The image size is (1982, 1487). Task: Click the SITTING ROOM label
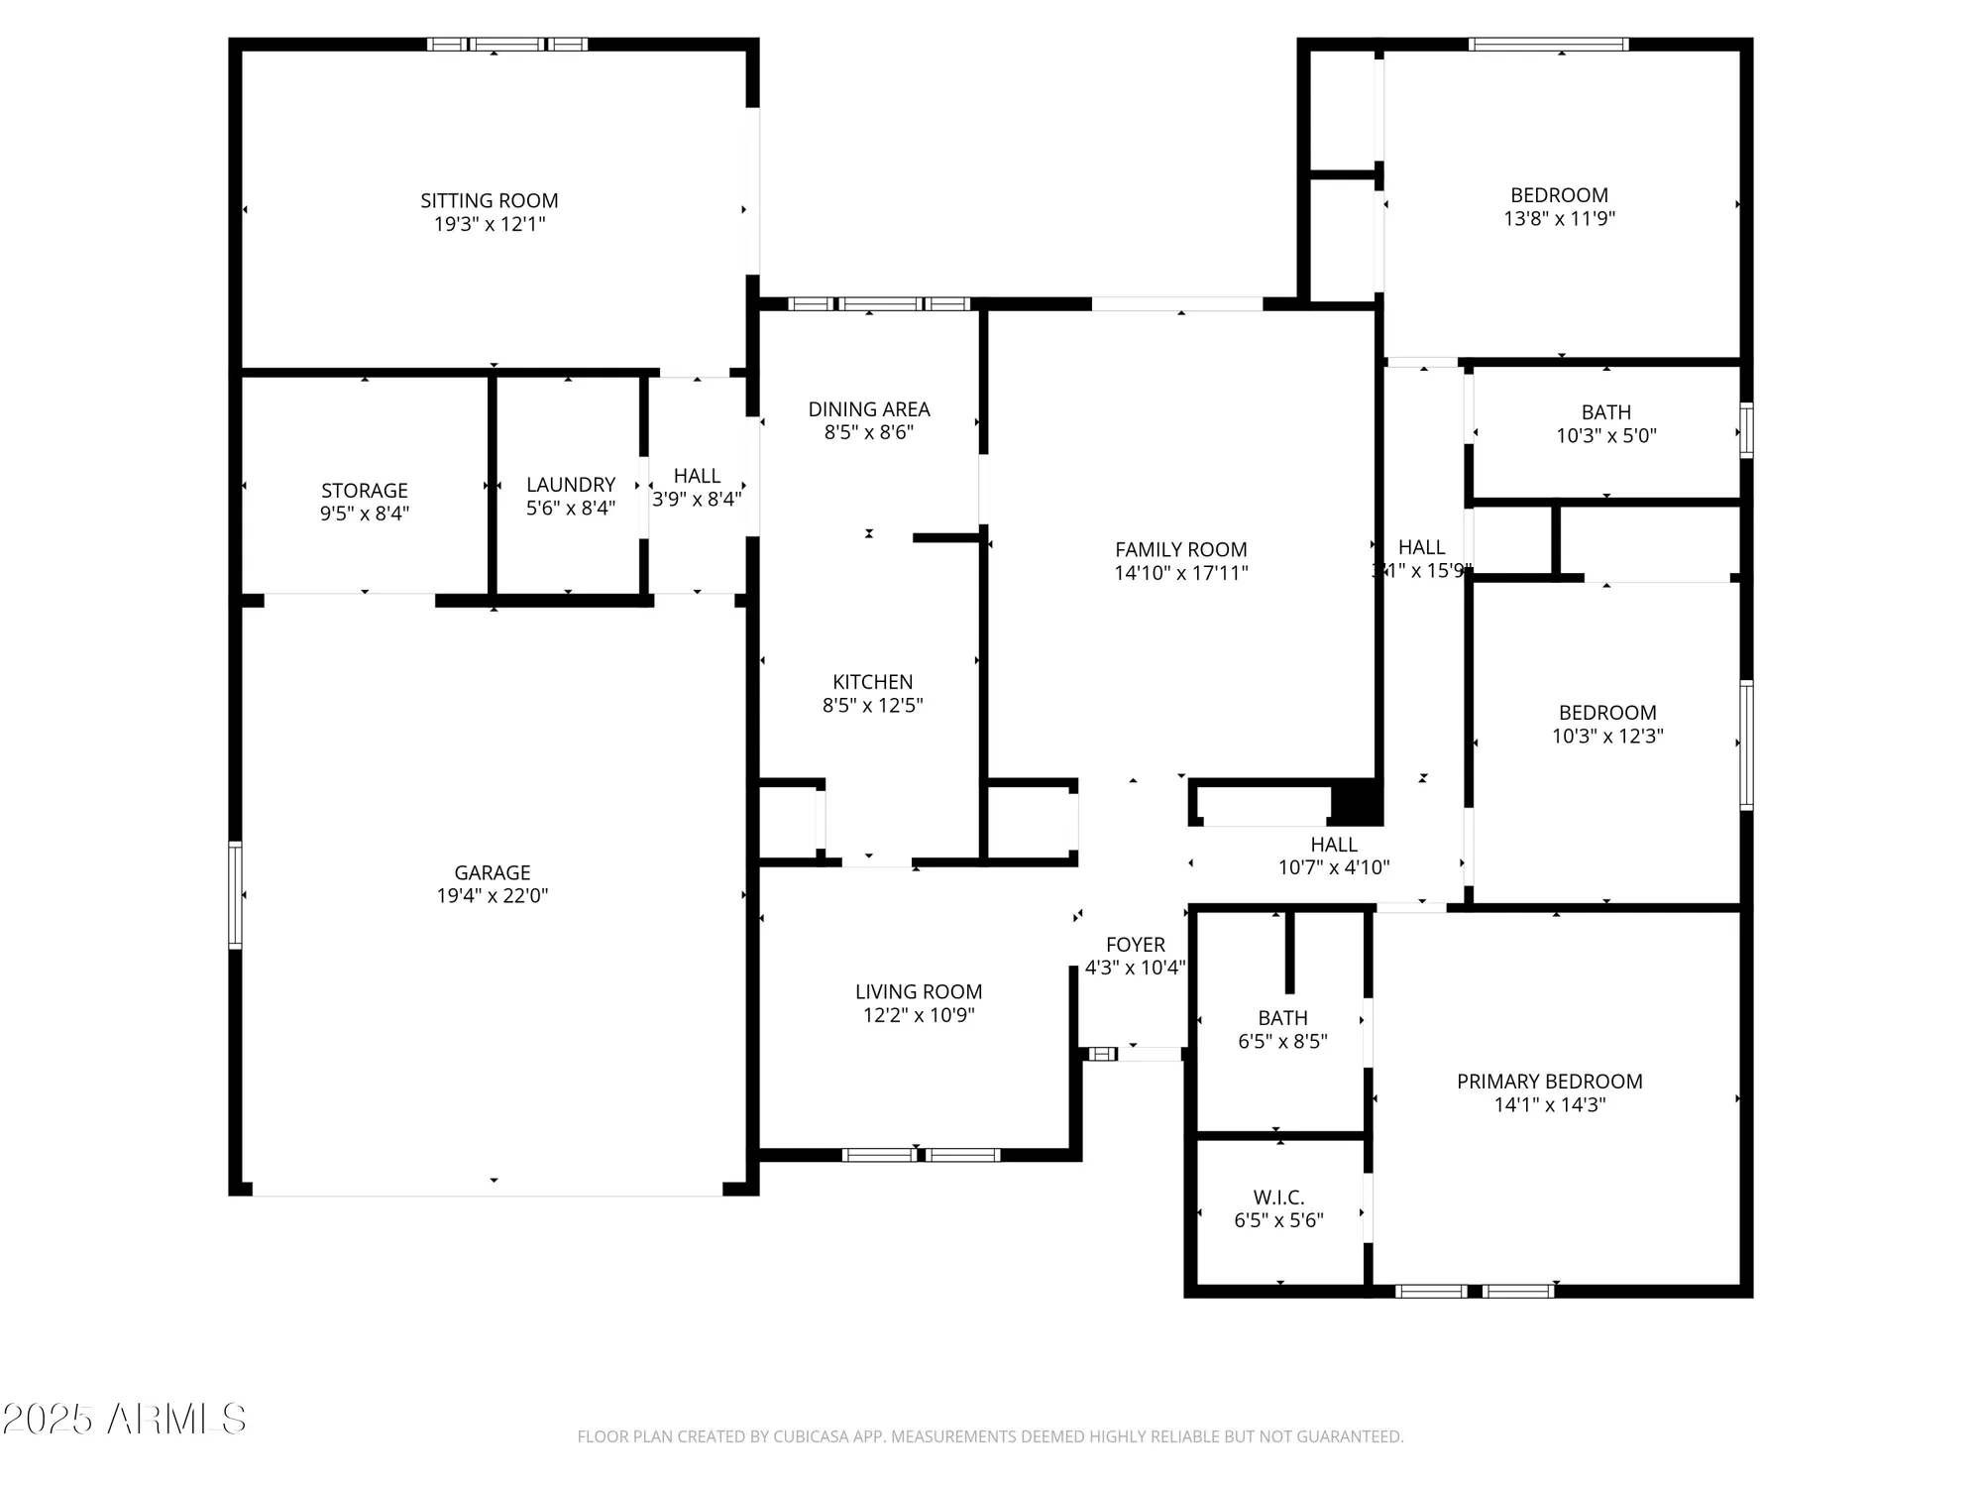click(x=489, y=200)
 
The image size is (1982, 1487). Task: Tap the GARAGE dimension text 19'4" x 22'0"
click(x=492, y=896)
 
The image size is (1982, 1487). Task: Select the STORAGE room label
click(x=364, y=491)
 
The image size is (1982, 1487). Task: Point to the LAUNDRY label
click(x=571, y=485)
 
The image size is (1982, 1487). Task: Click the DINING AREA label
click(x=868, y=409)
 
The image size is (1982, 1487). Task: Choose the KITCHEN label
click(x=872, y=682)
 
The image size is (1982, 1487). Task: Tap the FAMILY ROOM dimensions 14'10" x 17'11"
click(x=1180, y=573)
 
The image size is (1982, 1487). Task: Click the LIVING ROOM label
click(x=919, y=992)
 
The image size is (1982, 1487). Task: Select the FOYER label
click(x=1136, y=945)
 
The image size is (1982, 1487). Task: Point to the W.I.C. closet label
click(x=1278, y=1198)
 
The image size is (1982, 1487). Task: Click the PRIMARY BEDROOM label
click(x=1549, y=1082)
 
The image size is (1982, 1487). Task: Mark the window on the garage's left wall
click(x=235, y=895)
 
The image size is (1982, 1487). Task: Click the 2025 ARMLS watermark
click(x=124, y=1420)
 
